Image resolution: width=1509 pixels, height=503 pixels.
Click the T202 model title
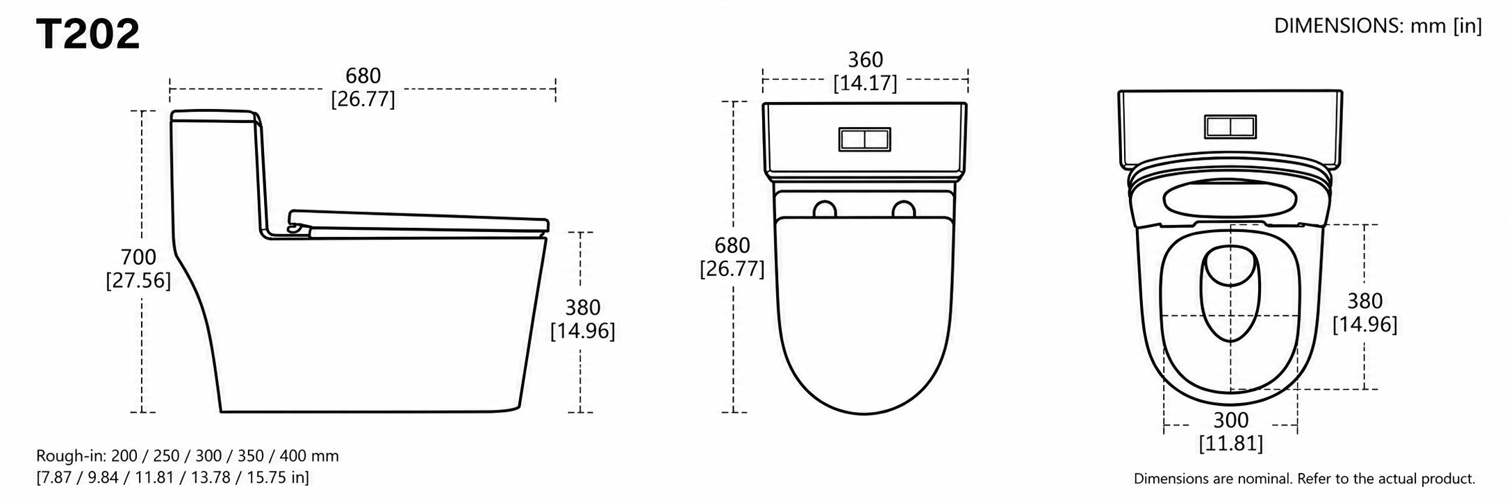pos(88,34)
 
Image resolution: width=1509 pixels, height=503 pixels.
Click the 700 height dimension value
pos(138,257)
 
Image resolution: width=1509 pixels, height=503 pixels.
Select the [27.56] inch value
pos(138,281)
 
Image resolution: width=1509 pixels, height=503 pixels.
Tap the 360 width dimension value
pos(865,60)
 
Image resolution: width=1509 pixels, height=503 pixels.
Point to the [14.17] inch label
pos(865,83)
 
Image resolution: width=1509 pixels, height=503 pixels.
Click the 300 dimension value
pos(1230,420)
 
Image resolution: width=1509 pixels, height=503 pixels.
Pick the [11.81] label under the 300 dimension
pos(1230,443)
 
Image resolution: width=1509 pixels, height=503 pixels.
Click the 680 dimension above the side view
pos(363,76)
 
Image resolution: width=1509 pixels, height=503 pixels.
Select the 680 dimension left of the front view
pos(732,245)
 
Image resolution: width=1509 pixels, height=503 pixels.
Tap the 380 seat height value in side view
pos(582,307)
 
